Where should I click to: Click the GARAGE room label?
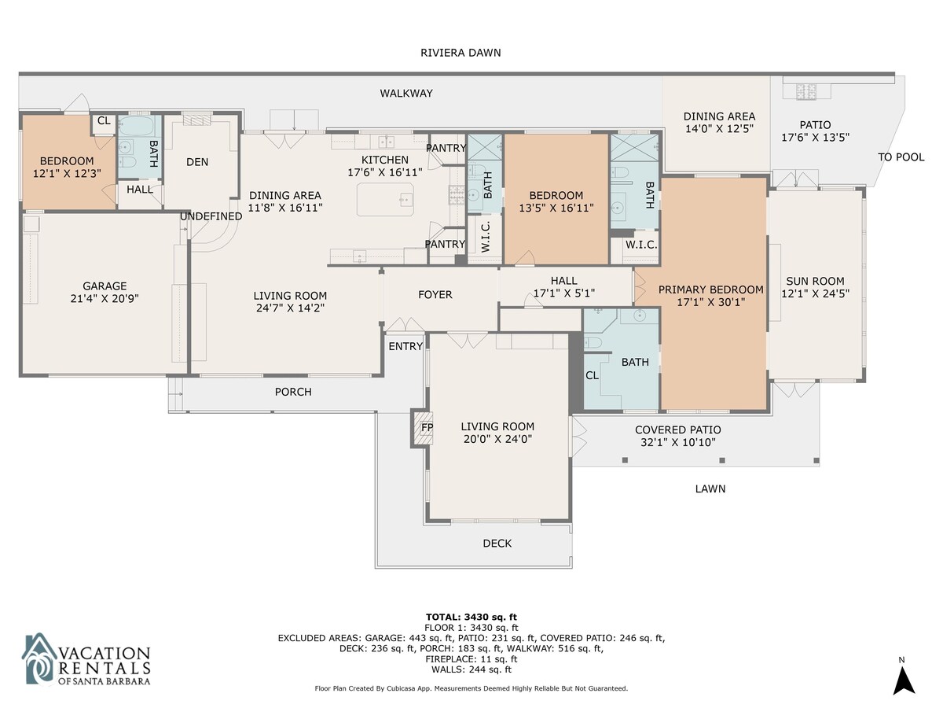click(105, 286)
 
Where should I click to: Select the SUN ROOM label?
click(815, 281)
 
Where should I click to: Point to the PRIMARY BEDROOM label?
click(710, 289)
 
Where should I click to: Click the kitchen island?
click(385, 200)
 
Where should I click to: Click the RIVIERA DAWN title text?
click(460, 53)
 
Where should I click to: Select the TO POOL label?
click(901, 157)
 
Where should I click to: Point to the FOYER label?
click(435, 294)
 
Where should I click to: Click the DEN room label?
click(197, 162)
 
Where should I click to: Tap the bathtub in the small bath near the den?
click(135, 126)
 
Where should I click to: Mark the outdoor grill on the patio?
click(806, 91)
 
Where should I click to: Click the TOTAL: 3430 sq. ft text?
click(472, 618)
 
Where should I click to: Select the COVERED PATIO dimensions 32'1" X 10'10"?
click(678, 442)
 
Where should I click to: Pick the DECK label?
click(497, 544)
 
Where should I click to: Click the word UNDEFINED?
click(211, 216)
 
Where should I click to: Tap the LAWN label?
click(710, 489)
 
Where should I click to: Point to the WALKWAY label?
click(406, 94)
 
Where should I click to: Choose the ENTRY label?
click(405, 346)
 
